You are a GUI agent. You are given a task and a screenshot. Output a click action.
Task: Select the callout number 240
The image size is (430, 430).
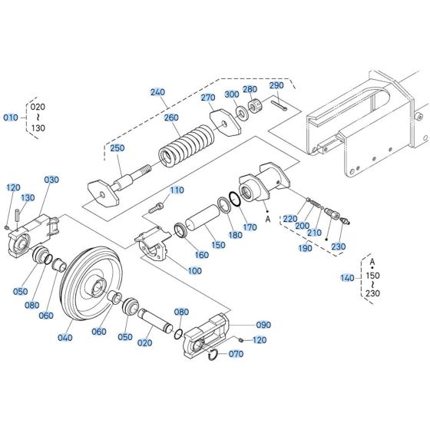tap(157, 92)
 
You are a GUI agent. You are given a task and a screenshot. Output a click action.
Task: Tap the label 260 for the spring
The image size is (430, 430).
tap(170, 117)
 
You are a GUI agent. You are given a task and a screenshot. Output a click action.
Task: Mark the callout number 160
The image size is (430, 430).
tap(200, 255)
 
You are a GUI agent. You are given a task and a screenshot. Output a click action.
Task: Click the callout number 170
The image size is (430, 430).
tap(250, 227)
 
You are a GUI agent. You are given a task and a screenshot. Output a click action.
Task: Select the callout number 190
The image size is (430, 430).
tap(306, 248)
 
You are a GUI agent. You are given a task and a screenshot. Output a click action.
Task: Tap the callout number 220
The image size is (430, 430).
tap(289, 219)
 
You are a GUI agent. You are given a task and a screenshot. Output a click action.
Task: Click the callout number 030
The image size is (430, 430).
tap(51, 180)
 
